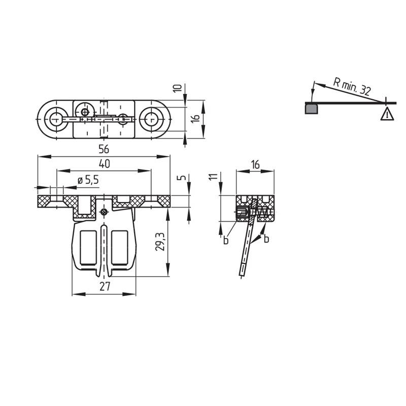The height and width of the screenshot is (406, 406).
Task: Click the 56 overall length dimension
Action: (104, 149)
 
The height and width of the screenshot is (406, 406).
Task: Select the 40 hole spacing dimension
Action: (105, 164)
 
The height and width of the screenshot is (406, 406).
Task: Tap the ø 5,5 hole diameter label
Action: (88, 180)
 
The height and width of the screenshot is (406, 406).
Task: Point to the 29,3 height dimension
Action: (160, 242)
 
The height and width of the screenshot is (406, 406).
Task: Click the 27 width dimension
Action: (105, 287)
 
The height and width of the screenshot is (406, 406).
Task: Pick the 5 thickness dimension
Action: (183, 177)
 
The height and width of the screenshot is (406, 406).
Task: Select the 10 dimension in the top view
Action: (177, 88)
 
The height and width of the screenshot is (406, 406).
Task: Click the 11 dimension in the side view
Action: (213, 177)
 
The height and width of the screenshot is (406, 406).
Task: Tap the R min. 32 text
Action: (352, 87)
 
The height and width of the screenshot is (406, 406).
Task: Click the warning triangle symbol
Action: (387, 115)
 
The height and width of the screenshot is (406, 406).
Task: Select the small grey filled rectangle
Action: (311, 109)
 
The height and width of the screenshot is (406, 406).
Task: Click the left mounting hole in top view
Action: (56, 119)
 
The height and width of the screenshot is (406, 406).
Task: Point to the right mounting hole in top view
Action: (151, 119)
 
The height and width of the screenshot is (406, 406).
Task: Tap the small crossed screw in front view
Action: (104, 212)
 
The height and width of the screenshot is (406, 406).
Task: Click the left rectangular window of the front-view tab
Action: (88, 248)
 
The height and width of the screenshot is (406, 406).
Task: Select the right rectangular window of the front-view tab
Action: (120, 248)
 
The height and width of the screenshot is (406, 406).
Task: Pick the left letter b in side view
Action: (226, 240)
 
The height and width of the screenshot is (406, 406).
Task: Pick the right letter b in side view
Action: (266, 239)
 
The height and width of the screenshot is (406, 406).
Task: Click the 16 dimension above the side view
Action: (255, 164)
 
